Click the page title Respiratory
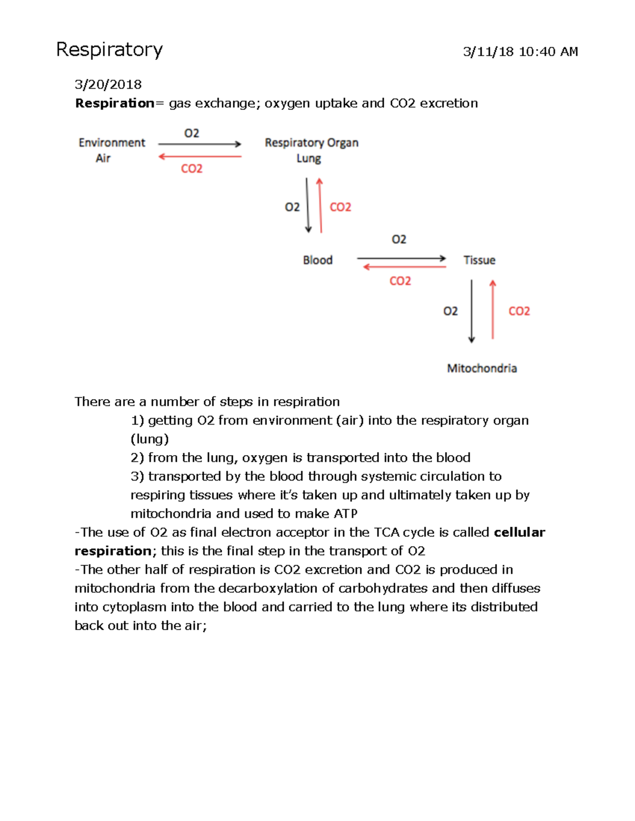tap(110, 50)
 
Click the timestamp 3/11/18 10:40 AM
tap(520, 52)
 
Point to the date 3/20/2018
tap(108, 85)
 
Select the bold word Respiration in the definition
tap(114, 103)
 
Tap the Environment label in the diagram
tap(112, 143)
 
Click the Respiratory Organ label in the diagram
tap(311, 143)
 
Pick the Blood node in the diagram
tap(317, 260)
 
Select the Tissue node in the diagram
tap(479, 260)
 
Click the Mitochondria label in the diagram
tap(482, 368)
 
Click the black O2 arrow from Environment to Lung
tap(199, 144)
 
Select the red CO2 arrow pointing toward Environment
tap(199, 156)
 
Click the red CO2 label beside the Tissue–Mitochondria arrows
tap(519, 311)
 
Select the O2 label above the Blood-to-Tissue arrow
tap(399, 239)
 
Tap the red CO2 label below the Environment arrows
tap(192, 169)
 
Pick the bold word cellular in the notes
tap(519, 532)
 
